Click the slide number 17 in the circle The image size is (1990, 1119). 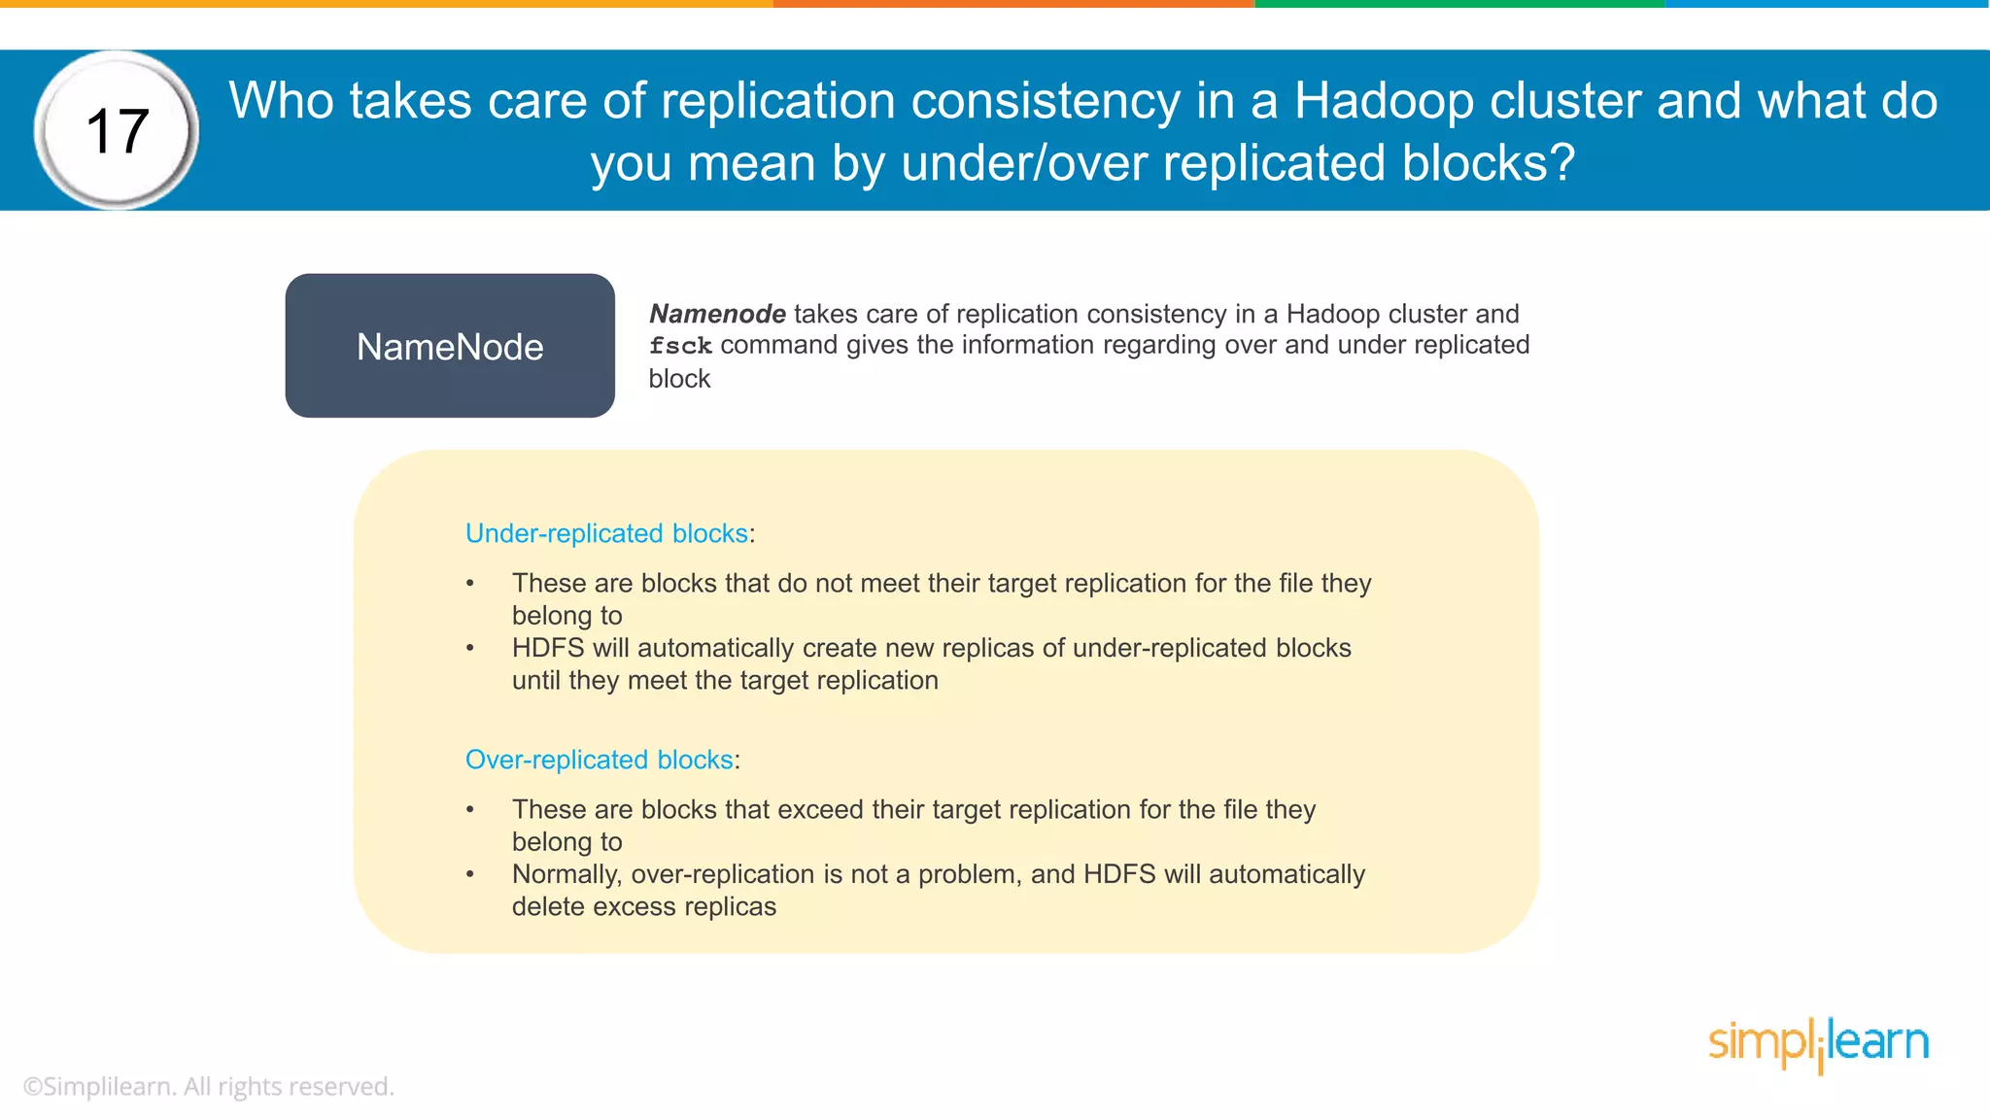coord(117,131)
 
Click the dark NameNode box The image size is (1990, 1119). coord(450,346)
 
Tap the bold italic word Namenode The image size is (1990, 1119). coord(717,314)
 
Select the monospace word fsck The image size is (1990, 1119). coord(680,346)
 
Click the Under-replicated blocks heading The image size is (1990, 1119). coord(606,533)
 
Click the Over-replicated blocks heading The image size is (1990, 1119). coord(599,760)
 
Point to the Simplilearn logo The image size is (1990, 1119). coord(1818,1044)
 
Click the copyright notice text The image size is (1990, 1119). coord(208,1086)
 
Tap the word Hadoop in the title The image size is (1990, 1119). coord(1384,101)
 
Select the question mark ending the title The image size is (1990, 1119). coord(1561,163)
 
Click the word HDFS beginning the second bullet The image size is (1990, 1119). coord(548,648)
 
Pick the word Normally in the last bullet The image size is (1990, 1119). coord(566,874)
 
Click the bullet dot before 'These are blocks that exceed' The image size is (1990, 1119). coord(470,809)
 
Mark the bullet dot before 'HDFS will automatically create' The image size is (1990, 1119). coord(470,648)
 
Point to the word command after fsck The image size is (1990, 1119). coord(779,345)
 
